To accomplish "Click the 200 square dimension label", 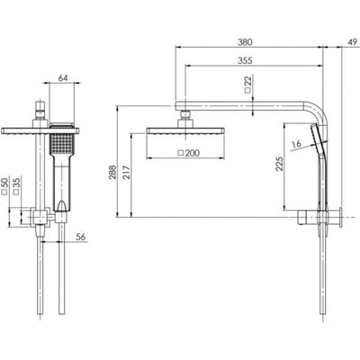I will tap(189, 153).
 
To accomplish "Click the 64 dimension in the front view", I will tap(64, 78).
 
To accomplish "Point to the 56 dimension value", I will tap(81, 237).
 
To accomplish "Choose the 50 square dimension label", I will tap(5, 186).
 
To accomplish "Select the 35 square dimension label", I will tap(17, 186).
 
